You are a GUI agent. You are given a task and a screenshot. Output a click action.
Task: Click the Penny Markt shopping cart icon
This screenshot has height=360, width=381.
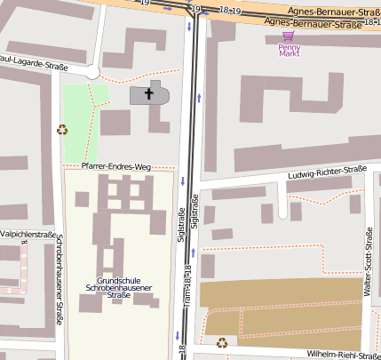(x=287, y=36)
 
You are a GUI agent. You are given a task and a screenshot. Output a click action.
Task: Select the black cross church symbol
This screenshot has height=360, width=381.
(x=148, y=92)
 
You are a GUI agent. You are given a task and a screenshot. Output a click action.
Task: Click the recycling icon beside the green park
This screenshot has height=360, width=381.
(x=62, y=129)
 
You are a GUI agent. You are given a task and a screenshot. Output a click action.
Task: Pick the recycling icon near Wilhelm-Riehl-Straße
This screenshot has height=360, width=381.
(x=221, y=341)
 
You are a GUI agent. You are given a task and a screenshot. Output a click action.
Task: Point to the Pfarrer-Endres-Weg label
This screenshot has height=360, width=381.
(x=115, y=166)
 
